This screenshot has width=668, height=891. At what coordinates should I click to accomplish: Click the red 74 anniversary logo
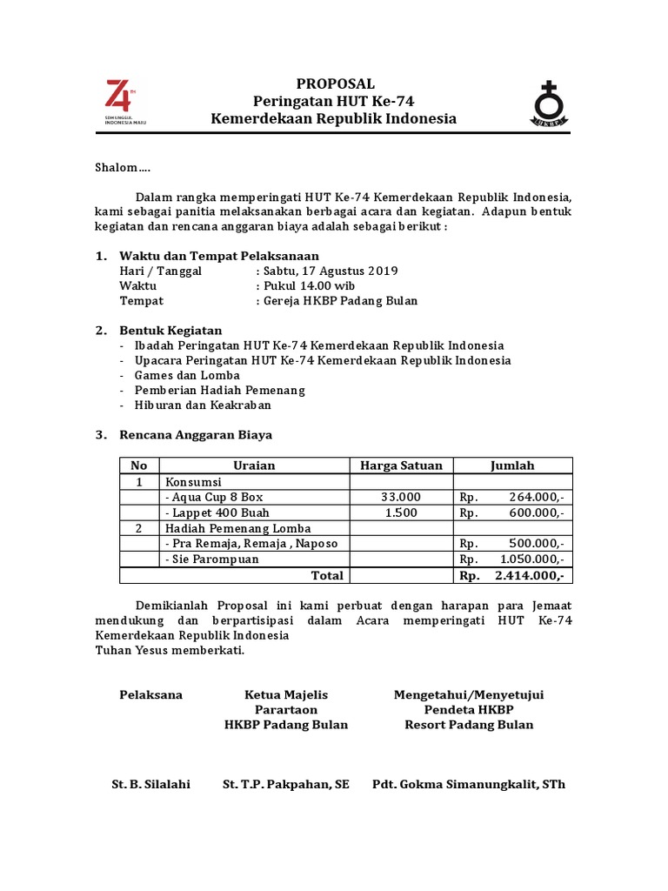tap(118, 97)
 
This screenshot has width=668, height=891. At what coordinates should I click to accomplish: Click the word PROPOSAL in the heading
tap(335, 84)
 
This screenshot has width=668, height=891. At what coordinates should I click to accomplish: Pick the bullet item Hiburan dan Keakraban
tap(203, 405)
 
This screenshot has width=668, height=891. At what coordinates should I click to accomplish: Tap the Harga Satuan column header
tap(401, 466)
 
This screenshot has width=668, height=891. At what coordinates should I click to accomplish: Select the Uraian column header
tap(254, 466)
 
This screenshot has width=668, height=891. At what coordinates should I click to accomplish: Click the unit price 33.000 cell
tap(401, 497)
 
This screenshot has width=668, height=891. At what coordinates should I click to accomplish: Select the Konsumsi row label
tap(193, 481)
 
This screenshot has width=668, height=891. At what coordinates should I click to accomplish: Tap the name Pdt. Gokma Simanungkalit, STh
tap(469, 784)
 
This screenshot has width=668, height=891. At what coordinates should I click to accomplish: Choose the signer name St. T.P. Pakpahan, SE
tap(286, 784)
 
